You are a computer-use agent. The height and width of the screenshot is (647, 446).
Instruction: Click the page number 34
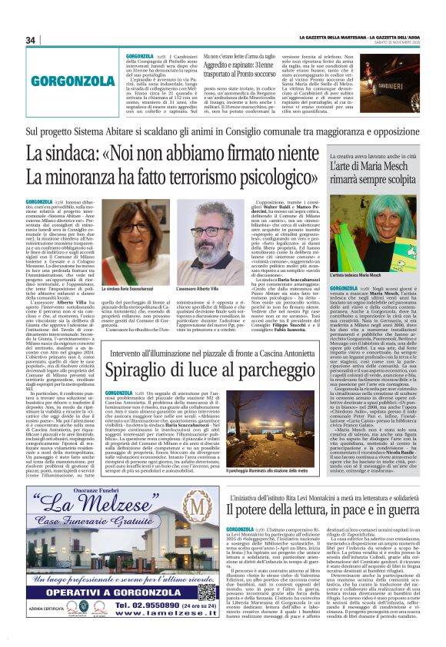[32, 40]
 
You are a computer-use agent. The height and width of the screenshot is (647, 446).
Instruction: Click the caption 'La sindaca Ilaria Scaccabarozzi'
[131, 288]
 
